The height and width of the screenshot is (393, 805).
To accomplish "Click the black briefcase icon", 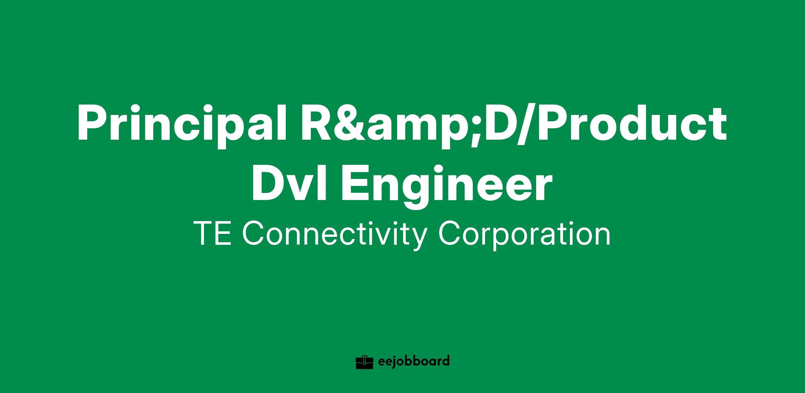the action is tap(364, 362).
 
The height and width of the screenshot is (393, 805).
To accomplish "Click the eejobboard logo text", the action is tap(413, 362).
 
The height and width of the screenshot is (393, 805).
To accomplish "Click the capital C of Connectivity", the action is tap(253, 233).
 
